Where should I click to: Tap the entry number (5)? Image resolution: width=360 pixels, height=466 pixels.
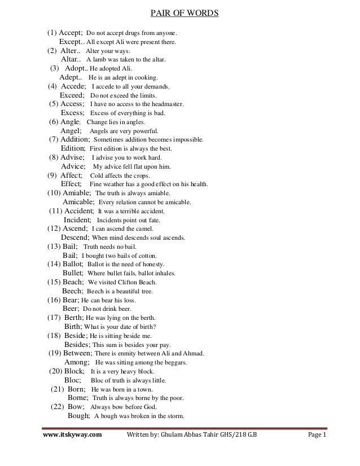coord(56,104)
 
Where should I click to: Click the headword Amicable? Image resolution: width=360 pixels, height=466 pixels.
coord(79,201)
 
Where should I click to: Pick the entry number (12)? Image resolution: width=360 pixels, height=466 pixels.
coord(55,229)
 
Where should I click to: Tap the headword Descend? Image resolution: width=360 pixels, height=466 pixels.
coord(74,238)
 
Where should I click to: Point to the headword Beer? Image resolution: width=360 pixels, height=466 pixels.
coord(71,309)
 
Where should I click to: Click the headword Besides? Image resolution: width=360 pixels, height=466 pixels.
coord(77,345)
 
